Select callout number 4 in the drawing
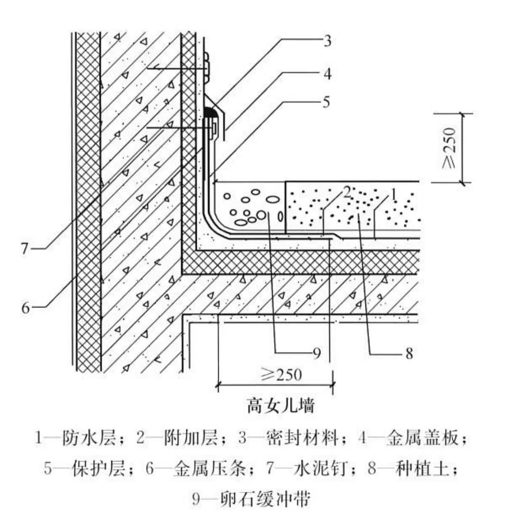(x=327, y=74)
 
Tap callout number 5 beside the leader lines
(x=327, y=103)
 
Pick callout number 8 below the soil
(x=409, y=353)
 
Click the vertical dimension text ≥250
(x=450, y=147)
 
